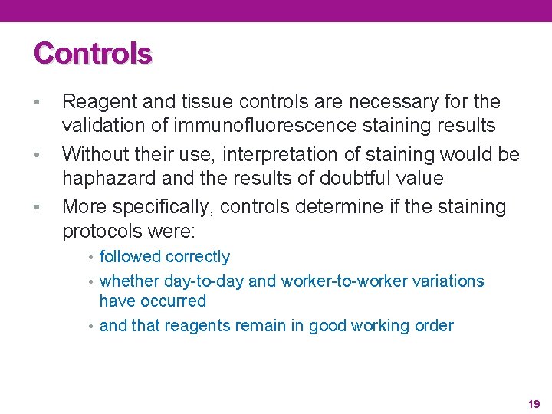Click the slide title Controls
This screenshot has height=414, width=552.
(93, 54)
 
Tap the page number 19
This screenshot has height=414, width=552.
(534, 403)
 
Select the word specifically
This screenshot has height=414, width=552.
(159, 207)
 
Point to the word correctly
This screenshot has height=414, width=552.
(197, 257)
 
